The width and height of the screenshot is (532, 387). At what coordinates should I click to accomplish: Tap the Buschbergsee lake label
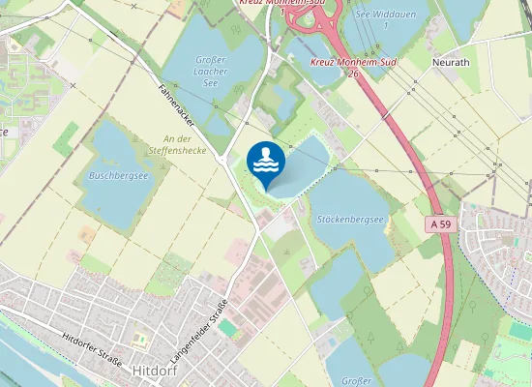[x=118, y=177]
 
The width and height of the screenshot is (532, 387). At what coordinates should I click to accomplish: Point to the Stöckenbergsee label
[x=351, y=220]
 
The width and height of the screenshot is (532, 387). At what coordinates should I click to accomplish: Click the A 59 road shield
[x=439, y=224]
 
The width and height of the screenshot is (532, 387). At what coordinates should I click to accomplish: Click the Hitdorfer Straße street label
[x=92, y=346]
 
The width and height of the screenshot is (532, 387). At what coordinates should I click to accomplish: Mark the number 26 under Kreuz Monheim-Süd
[x=354, y=73]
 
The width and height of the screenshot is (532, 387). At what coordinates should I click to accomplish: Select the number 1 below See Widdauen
[x=385, y=25]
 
